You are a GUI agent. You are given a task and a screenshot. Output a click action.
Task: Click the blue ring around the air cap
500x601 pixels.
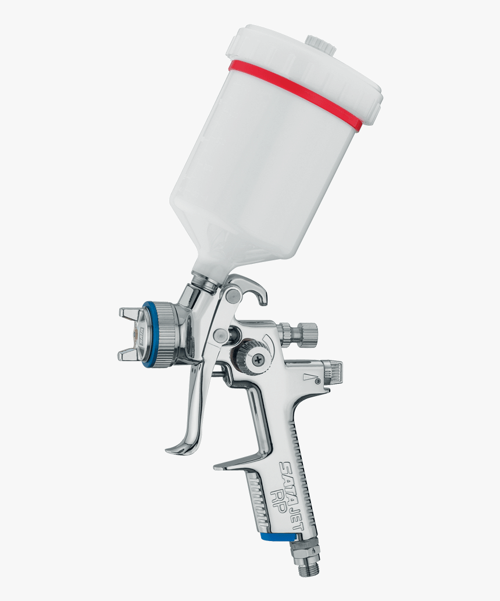tap(146, 334)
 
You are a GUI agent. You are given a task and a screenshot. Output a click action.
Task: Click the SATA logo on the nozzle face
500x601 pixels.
tap(140, 334)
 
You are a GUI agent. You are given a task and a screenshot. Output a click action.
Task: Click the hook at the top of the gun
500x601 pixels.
tap(256, 291)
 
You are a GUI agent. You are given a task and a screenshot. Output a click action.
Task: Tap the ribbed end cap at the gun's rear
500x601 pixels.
tap(332, 372)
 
